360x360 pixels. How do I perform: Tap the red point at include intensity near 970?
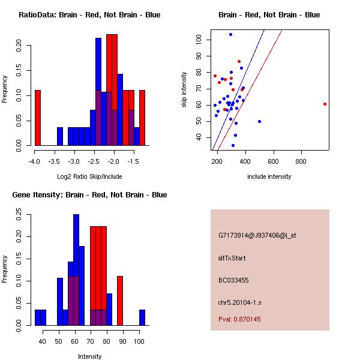point(325,104)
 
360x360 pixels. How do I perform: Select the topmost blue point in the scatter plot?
point(230,35)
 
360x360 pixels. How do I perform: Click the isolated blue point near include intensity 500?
point(259,121)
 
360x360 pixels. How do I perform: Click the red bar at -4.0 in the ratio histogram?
point(37,118)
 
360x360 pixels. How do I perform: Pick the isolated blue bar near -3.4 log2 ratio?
point(60,136)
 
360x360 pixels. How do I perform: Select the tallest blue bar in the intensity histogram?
point(76,270)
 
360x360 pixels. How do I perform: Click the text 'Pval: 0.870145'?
point(239,320)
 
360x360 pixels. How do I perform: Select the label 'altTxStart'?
point(232,258)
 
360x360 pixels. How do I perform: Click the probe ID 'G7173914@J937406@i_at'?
point(257,236)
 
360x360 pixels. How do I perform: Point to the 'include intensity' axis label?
point(269,176)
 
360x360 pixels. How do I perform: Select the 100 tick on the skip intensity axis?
point(199,40)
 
